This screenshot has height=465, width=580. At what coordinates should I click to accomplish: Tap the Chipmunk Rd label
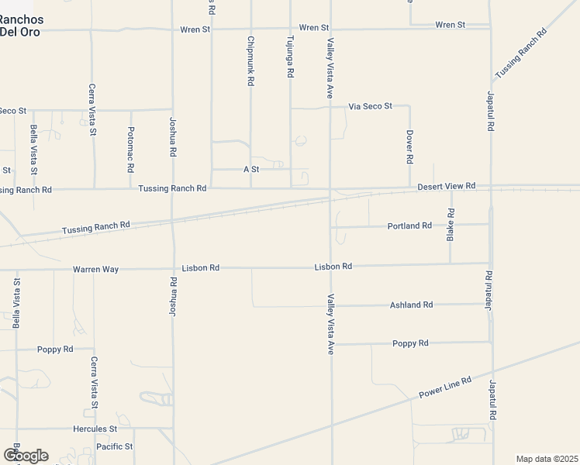point(250,60)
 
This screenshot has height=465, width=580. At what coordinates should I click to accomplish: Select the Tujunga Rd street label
point(290,57)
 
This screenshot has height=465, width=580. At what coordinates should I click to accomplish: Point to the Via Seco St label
point(371,105)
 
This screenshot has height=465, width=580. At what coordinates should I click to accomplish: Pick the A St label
point(250,169)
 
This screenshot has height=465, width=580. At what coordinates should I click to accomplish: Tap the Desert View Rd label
point(446,187)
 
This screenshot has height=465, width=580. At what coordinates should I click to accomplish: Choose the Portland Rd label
point(409,226)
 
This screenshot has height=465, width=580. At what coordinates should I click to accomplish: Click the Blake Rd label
point(451,225)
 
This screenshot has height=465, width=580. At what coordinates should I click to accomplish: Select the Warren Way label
point(95,269)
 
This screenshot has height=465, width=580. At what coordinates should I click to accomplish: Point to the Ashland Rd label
point(411,305)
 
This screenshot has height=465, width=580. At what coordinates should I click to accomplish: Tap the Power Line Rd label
point(445,389)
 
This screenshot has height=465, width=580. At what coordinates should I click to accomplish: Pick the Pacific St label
point(115,446)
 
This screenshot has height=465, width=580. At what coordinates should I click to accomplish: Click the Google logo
point(26,456)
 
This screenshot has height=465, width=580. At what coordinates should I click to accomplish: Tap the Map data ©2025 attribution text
point(547,459)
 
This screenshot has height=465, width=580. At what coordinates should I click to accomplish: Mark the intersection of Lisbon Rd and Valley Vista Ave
point(331,267)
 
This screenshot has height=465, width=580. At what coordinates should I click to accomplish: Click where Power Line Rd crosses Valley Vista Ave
point(331,425)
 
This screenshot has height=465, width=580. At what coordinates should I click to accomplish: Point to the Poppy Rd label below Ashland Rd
point(410,343)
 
